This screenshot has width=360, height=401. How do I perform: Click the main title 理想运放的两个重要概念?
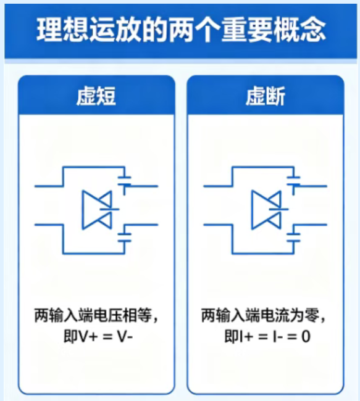181,30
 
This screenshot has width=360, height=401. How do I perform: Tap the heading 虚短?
96,96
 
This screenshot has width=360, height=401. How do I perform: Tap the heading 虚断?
266,96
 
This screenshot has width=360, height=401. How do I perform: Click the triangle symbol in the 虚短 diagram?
97,210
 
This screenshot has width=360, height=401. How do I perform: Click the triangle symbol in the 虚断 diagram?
266,210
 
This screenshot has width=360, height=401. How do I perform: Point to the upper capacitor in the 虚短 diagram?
125,180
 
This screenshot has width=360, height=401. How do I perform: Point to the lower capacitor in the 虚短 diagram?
125,237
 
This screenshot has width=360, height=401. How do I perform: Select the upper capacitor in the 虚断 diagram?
294,180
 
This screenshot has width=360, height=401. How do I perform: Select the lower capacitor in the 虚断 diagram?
294,237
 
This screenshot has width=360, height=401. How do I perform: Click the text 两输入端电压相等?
93,315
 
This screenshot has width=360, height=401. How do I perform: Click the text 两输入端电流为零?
261,315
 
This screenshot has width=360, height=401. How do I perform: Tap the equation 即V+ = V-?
98,336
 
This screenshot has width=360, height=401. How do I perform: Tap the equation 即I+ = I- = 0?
267,336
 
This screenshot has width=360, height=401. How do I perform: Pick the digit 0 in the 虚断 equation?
306,337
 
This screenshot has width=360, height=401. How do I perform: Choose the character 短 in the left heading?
106,96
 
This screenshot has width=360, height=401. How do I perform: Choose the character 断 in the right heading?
276,96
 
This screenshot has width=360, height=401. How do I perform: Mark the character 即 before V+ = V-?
70,336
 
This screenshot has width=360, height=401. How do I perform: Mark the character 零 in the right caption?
312,315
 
